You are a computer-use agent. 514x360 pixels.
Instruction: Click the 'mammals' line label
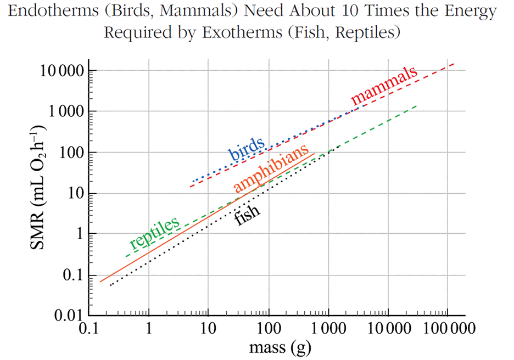(x=384, y=87)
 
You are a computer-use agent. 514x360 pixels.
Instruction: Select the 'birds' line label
(x=247, y=147)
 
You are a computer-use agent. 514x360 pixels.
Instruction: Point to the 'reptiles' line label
(x=154, y=234)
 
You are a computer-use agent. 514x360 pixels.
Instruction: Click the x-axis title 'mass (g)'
(x=272, y=347)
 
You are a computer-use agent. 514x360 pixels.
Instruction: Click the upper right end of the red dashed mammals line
(x=454, y=64)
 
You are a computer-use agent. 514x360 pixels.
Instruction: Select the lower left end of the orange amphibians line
(x=99, y=282)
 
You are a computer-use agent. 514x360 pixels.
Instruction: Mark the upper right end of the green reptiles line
(x=417, y=106)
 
